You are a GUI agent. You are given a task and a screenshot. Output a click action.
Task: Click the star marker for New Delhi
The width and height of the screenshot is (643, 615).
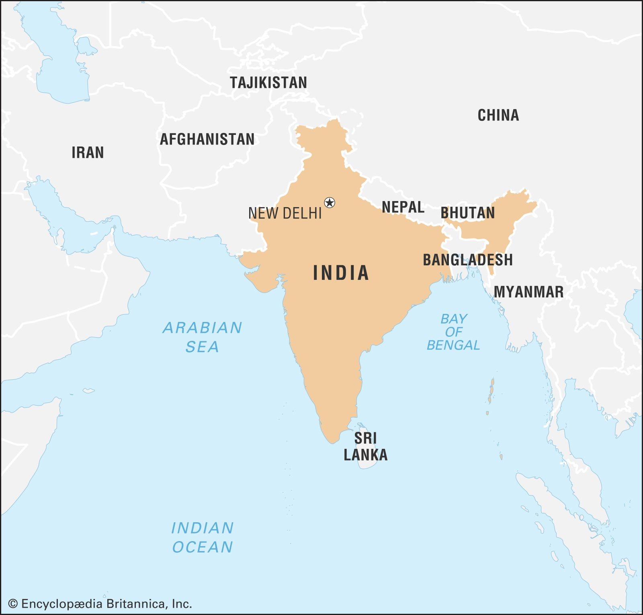click(330, 202)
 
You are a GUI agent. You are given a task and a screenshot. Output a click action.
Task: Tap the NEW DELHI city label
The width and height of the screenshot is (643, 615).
click(285, 213)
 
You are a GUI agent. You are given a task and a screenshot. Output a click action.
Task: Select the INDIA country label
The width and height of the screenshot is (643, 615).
click(341, 273)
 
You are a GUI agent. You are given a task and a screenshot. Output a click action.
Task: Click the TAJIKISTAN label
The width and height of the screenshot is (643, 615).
click(268, 83)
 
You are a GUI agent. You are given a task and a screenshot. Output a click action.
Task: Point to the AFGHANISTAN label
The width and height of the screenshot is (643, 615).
click(207, 139)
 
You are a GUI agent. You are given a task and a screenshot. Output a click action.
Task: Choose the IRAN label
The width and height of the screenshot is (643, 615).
click(88, 153)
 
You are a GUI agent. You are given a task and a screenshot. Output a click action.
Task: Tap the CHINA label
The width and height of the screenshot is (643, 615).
click(498, 116)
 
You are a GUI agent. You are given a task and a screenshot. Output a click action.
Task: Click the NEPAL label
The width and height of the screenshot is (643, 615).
click(403, 207)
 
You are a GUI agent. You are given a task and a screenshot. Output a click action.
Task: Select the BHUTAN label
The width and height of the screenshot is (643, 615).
click(468, 213)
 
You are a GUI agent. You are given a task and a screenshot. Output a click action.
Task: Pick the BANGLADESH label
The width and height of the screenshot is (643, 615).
click(467, 260)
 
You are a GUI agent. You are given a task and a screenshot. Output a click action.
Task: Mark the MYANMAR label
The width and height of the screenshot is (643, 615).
click(528, 292)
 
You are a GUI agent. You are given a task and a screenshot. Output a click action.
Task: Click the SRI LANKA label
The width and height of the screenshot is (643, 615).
click(365, 446)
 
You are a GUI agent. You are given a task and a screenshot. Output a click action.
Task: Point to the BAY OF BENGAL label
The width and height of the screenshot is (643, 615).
click(453, 332)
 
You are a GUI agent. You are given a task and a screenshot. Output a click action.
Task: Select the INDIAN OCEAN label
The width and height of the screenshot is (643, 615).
click(202, 538)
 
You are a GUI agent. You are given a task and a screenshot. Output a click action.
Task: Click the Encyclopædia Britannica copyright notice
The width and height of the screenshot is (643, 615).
click(100, 603)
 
